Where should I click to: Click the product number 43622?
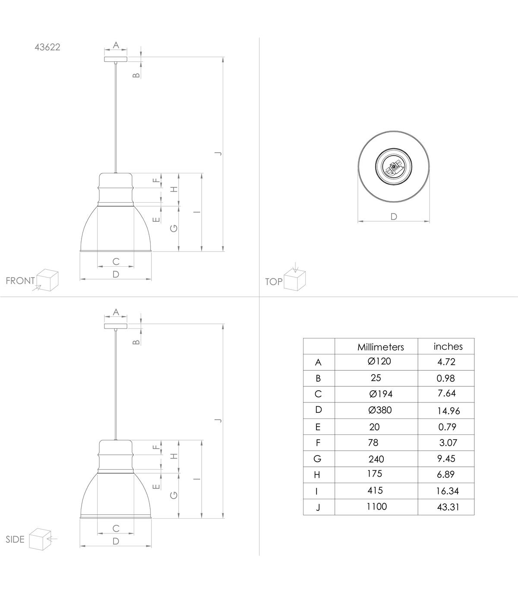coord(47,47)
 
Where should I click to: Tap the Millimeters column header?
coord(381,347)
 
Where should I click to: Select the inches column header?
coord(448,346)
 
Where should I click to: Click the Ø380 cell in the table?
coord(380,410)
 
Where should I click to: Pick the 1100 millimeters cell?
coord(376,506)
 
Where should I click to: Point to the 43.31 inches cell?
coord(448,507)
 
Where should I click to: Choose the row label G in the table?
coord(317,459)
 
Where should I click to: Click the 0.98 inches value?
coord(445,378)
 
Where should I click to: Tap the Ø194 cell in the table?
coord(381,394)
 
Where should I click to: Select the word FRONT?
coord(20,281)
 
